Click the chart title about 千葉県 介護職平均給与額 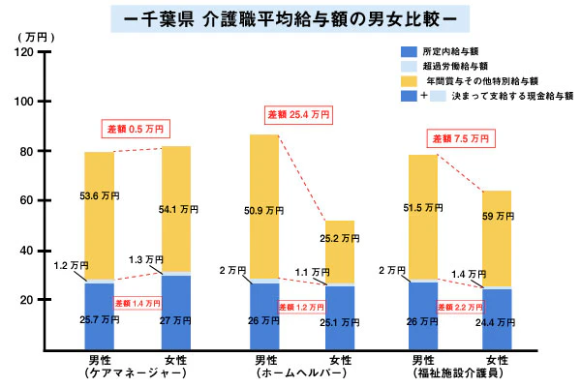pos(290,17)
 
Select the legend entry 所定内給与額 pos(456,50)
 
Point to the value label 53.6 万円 pos(100,197)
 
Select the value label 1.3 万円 pos(148,259)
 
